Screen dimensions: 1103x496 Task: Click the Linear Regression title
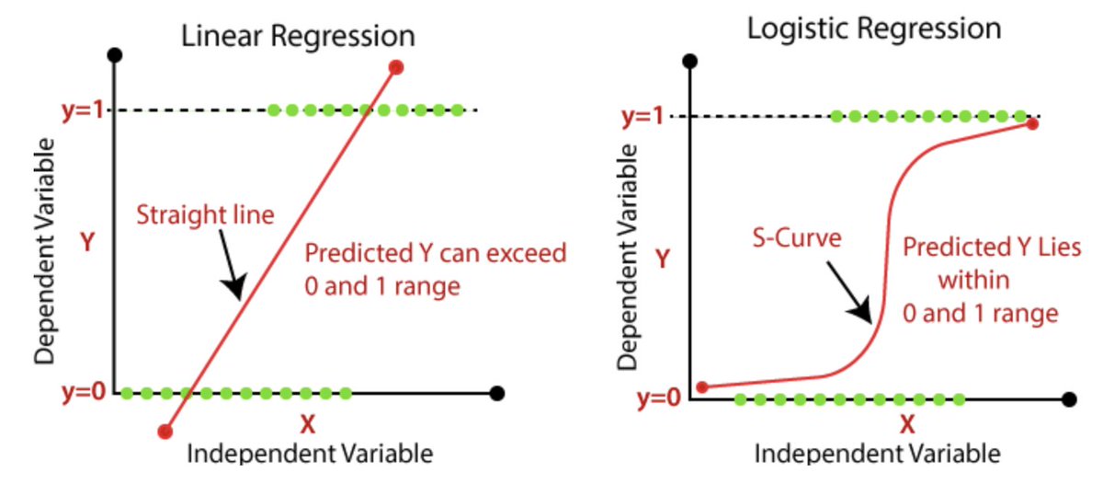(298, 37)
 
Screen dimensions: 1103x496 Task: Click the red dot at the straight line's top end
(396, 66)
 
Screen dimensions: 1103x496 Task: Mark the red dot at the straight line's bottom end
(165, 431)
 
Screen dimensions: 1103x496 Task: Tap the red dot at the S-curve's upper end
(1032, 123)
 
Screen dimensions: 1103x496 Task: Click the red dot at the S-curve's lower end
(702, 387)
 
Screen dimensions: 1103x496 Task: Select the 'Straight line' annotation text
(205, 216)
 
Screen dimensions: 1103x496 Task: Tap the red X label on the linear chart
(307, 425)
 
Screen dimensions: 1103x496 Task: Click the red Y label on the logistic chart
(661, 259)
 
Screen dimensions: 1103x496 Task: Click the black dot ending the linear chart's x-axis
(497, 393)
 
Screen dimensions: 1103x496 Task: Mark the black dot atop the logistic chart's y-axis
(690, 62)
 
